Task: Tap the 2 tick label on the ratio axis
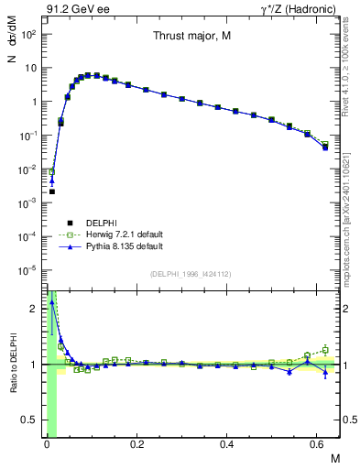[x=36, y=309]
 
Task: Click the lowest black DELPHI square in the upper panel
[x=52, y=191]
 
